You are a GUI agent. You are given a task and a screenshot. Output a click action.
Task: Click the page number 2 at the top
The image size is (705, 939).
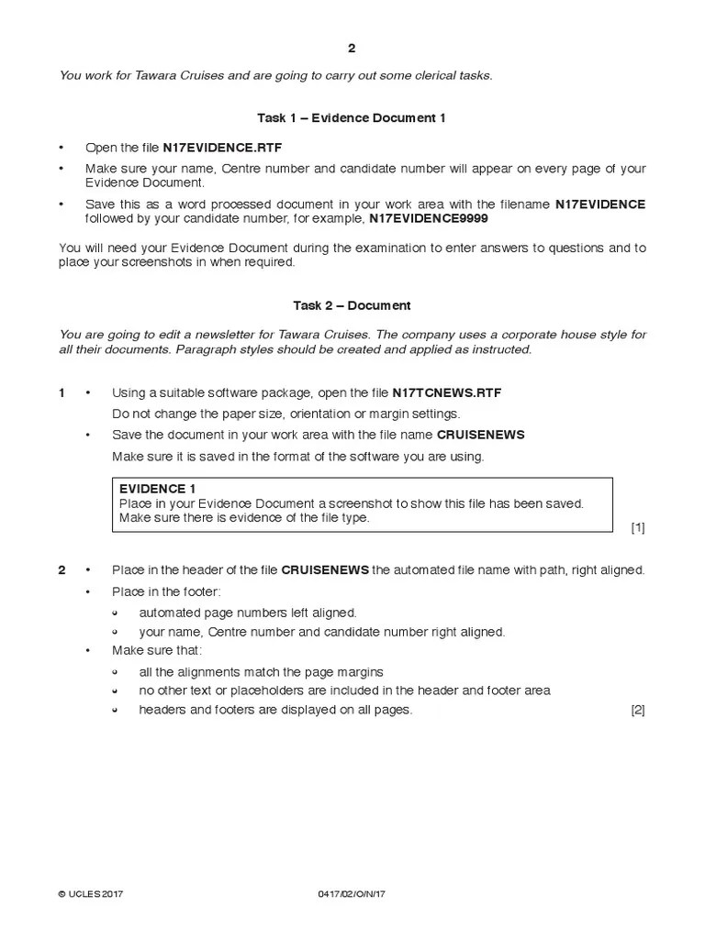352,50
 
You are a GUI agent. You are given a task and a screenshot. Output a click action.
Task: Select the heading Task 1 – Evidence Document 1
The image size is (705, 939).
352,118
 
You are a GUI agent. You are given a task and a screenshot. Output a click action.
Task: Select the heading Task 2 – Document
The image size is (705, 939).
352,305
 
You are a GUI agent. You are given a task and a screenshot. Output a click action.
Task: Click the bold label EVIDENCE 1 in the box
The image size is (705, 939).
157,489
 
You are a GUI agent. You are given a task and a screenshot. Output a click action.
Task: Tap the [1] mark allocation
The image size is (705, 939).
638,527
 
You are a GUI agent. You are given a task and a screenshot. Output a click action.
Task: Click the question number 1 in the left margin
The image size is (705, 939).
62,393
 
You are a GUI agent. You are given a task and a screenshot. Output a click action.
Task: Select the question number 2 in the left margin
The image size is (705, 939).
62,570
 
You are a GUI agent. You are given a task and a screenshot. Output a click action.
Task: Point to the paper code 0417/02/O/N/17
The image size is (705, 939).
353,894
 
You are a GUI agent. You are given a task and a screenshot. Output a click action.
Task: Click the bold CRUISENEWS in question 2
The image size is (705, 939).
325,570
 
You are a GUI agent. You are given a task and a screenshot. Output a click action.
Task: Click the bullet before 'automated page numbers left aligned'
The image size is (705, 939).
116,613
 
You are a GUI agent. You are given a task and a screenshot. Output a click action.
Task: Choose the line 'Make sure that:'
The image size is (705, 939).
156,650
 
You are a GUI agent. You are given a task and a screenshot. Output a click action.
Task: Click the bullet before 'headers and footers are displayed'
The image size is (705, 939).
116,711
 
